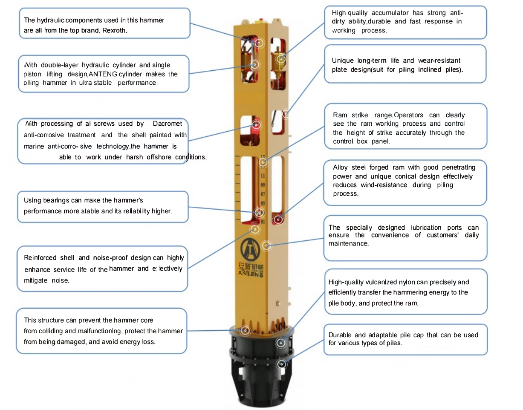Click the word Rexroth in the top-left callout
pos(114,31)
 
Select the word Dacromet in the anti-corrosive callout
pos(168,124)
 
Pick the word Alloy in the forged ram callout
pos(341,167)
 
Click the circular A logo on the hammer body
pos(250,249)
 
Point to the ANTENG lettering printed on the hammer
pos(251,273)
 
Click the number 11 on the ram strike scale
pos(263,176)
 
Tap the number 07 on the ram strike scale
pos(263,194)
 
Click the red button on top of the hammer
pos(261,19)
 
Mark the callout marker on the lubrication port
pos(266,245)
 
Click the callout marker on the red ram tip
pos(278,219)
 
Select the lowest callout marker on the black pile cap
pos(282,364)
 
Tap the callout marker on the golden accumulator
pos(280,59)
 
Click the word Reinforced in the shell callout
pos(40,258)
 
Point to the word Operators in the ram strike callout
pos(408,115)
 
